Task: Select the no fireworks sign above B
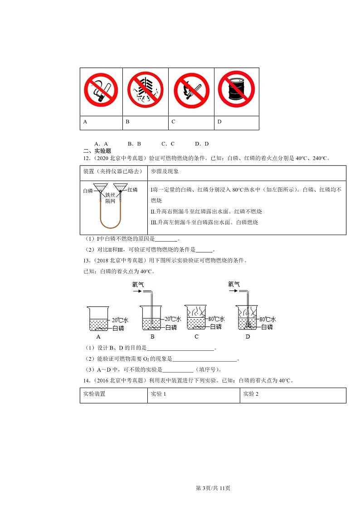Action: click(x=145, y=91)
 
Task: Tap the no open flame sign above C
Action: click(x=191, y=91)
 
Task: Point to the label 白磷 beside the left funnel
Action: click(x=88, y=191)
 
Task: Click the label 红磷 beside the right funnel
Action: click(x=132, y=190)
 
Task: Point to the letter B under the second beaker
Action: click(x=152, y=337)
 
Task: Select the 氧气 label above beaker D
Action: click(x=234, y=285)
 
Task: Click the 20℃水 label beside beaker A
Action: click(x=118, y=319)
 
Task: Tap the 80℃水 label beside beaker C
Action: click(x=215, y=319)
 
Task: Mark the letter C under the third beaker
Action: click(x=196, y=337)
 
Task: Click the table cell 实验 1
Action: click(x=158, y=394)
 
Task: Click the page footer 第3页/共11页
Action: click(x=213, y=488)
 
